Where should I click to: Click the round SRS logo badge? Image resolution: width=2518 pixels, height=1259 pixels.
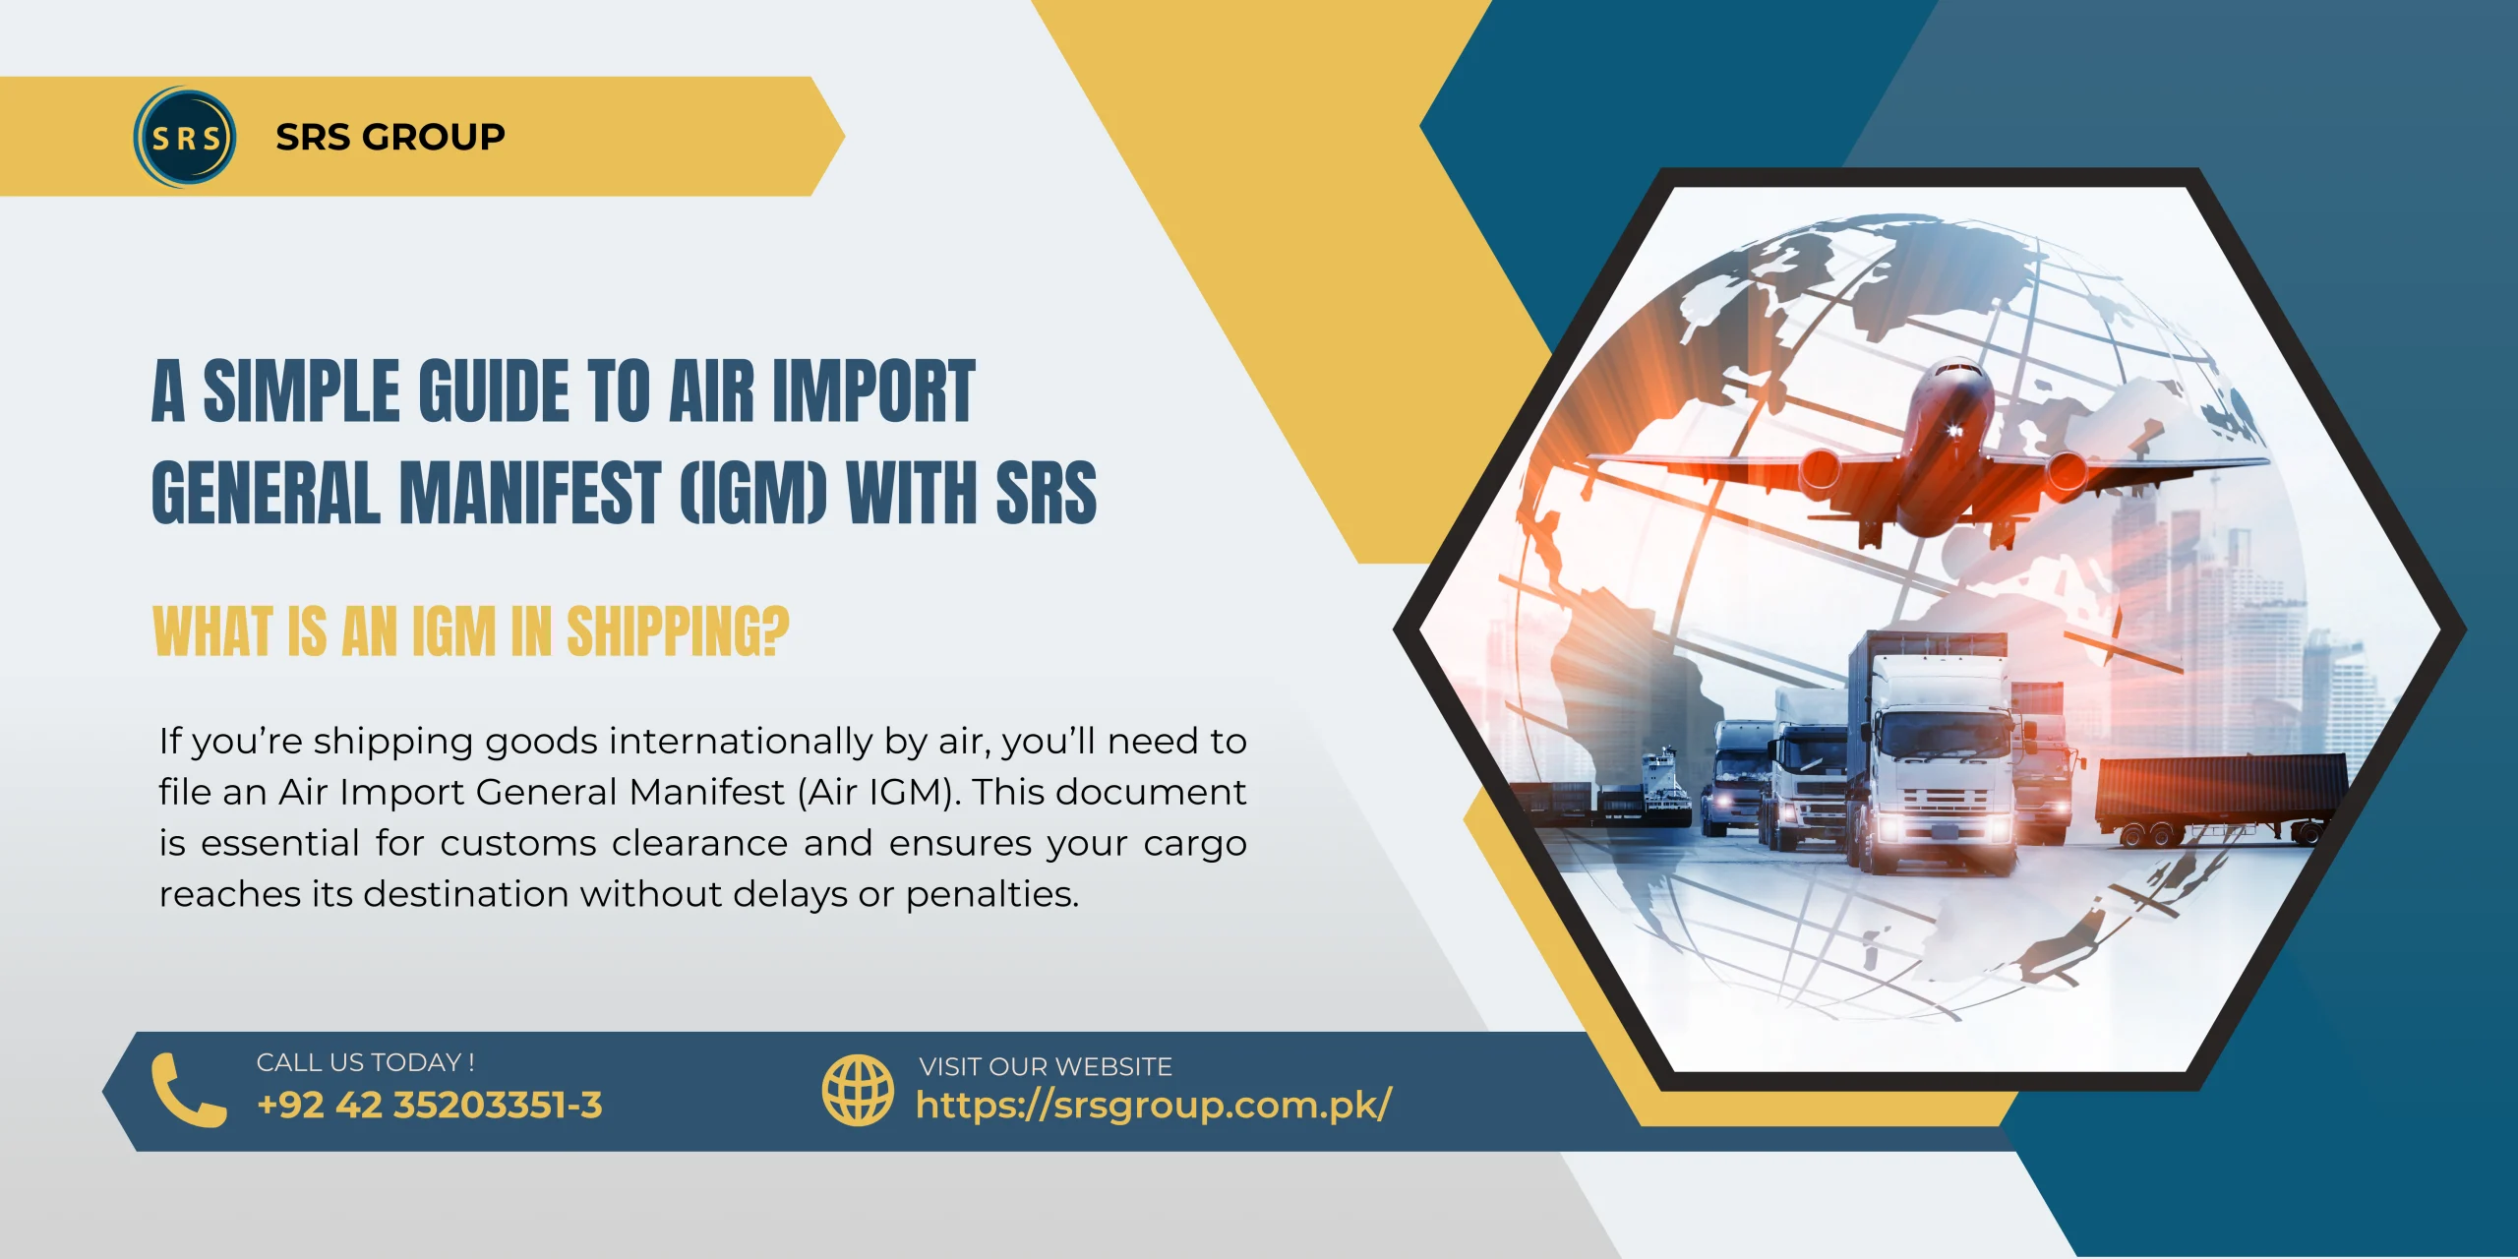(x=185, y=137)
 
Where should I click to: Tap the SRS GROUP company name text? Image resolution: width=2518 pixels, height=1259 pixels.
(x=390, y=137)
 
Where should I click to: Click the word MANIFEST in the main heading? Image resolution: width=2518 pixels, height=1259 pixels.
(x=530, y=492)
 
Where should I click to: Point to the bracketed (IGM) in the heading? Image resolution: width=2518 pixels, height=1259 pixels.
(x=753, y=492)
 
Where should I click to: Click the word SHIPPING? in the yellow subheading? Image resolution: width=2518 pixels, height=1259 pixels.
(x=678, y=631)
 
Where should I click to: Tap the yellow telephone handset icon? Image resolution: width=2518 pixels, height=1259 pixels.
(x=189, y=1090)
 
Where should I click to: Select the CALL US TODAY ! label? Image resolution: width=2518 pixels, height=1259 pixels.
(x=365, y=1062)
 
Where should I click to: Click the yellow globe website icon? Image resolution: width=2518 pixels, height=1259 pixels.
(x=858, y=1090)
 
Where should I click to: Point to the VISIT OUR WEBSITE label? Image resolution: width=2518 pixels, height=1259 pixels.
(x=1046, y=1066)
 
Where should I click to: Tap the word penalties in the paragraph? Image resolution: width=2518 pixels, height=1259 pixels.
(x=992, y=894)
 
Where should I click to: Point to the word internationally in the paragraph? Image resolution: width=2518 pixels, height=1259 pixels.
(x=742, y=741)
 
